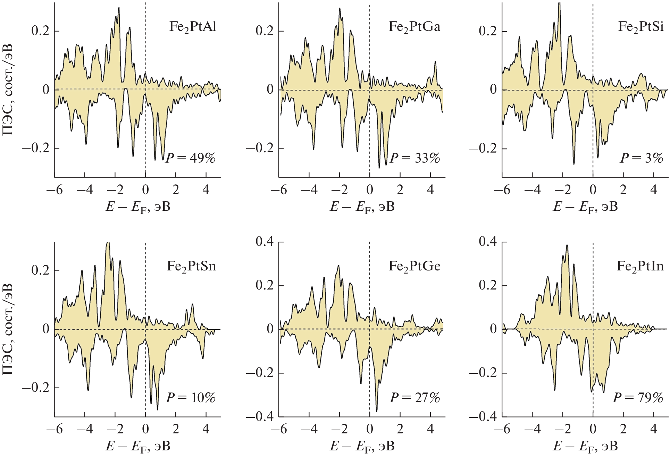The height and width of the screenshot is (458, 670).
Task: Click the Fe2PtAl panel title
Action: click(x=193, y=27)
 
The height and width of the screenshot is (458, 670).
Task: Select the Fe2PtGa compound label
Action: click(x=414, y=27)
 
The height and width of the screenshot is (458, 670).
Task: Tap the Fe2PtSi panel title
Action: click(x=641, y=27)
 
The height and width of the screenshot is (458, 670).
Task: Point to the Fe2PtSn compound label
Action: click(x=191, y=266)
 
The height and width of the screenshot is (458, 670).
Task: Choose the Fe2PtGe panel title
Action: click(x=414, y=266)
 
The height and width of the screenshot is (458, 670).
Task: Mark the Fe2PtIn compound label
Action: click(x=640, y=266)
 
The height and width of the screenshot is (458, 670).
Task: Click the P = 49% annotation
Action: click(x=191, y=158)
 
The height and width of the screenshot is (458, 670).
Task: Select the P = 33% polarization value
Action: click(x=415, y=158)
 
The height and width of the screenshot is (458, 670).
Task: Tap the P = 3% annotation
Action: click(x=642, y=158)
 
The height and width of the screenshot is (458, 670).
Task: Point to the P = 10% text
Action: click(x=191, y=398)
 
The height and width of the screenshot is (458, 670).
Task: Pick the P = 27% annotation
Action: click(x=415, y=398)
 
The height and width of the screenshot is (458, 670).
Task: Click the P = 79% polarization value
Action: click(x=638, y=398)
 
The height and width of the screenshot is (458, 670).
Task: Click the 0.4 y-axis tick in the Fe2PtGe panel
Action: click(x=265, y=242)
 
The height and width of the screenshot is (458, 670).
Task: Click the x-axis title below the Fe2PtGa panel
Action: click(x=362, y=207)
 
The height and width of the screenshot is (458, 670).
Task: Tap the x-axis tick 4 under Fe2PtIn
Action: click(x=654, y=429)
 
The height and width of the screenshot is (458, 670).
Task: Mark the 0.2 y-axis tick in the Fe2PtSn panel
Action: click(x=41, y=270)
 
